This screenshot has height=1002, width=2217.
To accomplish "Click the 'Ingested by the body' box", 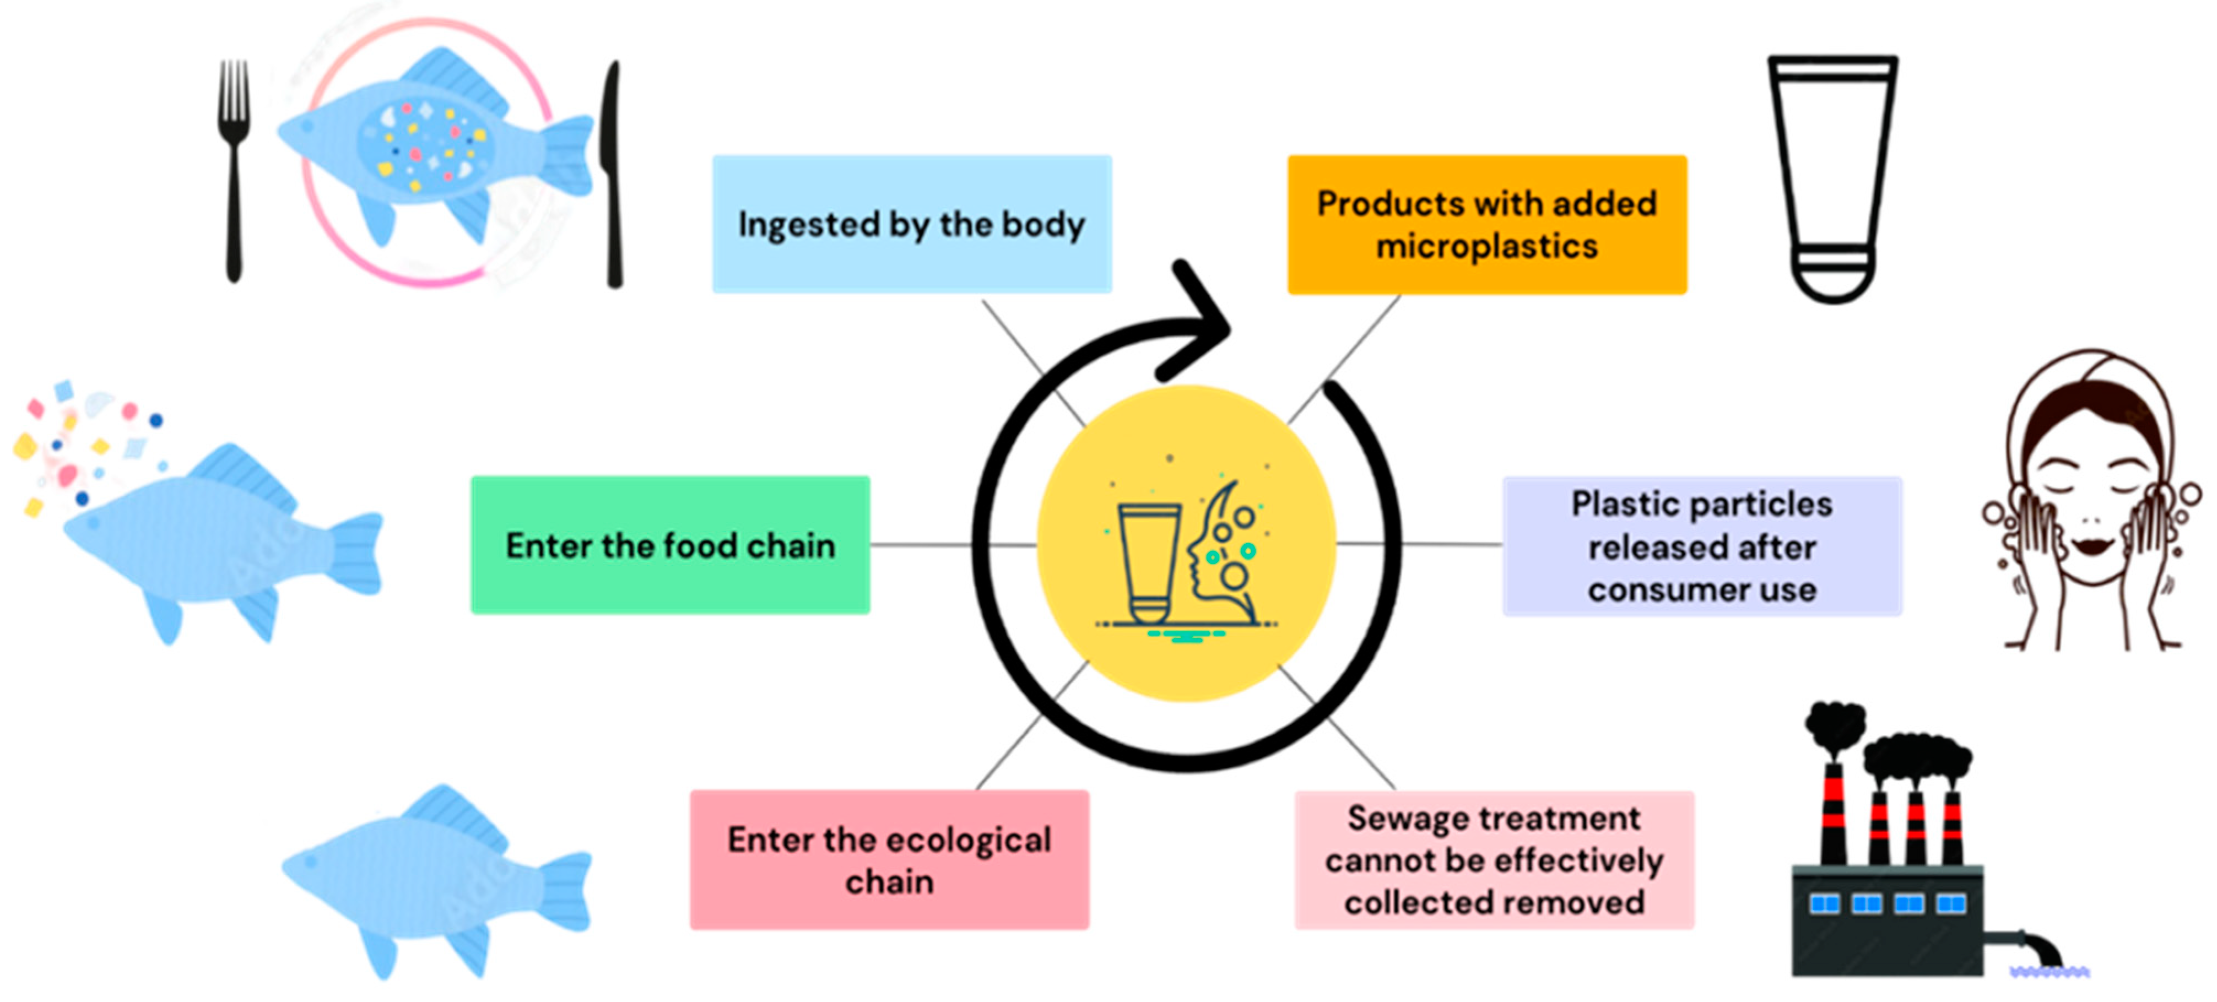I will [x=911, y=224].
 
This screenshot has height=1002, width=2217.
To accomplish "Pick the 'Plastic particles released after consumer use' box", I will [x=1701, y=546].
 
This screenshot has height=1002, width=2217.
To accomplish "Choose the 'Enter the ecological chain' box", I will [x=889, y=859].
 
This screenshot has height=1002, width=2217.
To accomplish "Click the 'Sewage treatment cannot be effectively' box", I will [x=1494, y=859].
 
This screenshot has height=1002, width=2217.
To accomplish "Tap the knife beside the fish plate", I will [x=613, y=172].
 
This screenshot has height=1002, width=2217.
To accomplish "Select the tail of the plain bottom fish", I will [x=564, y=891].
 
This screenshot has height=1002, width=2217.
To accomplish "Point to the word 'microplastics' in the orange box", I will [x=1486, y=246].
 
